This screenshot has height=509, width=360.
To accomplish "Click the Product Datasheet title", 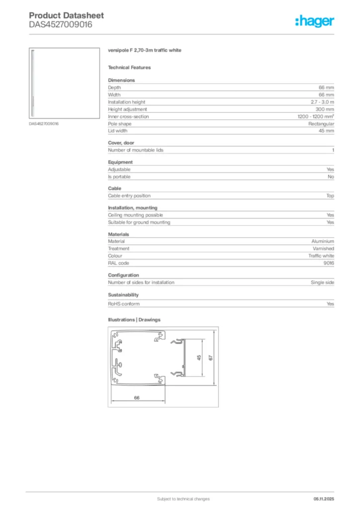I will [x=59, y=16].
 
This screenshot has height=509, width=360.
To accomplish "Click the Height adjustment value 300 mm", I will [x=325, y=109].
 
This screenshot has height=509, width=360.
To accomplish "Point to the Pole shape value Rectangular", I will [x=321, y=124].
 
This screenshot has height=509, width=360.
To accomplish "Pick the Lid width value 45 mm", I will [x=326, y=131].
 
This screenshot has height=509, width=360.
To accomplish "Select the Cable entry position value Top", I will [x=330, y=196].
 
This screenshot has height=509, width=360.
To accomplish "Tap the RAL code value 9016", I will [x=329, y=263].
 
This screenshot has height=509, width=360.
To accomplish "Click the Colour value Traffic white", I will [x=321, y=256].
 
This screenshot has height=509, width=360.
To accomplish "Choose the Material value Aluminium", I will [x=323, y=242].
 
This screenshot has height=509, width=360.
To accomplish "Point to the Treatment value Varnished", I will [x=323, y=249].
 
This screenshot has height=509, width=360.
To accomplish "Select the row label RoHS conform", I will [x=124, y=304].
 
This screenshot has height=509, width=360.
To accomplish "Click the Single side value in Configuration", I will [x=322, y=282].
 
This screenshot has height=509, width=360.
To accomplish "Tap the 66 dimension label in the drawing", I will [x=136, y=397].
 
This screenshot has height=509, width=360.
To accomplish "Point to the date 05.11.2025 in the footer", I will [x=324, y=499].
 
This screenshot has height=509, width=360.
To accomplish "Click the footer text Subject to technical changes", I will [x=183, y=499].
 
